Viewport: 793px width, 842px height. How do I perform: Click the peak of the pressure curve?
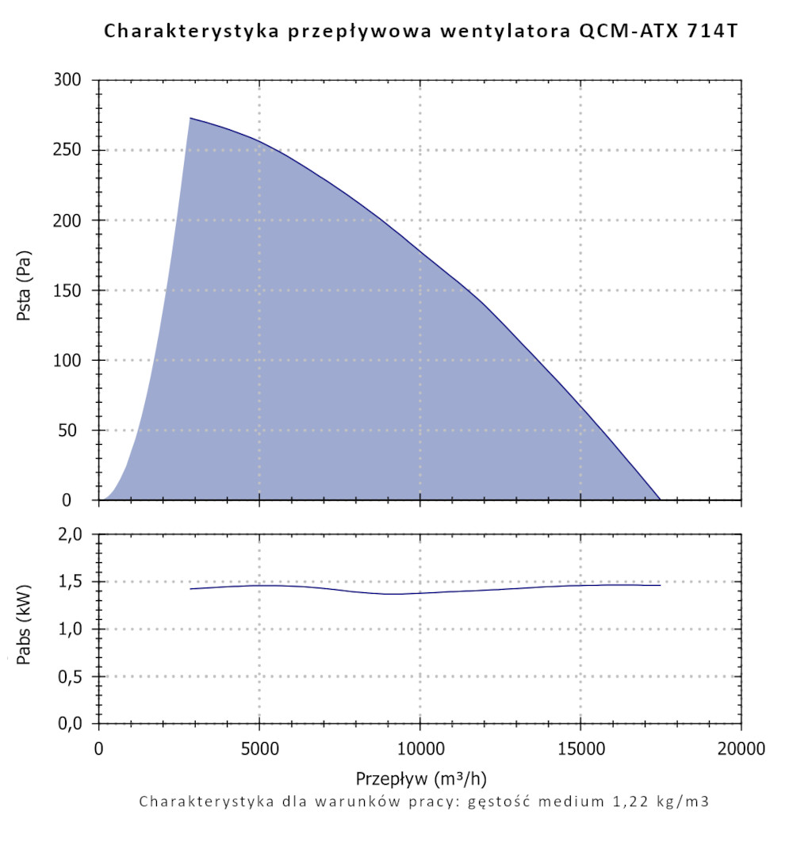point(190,118)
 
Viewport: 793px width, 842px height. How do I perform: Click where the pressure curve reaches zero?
point(660,500)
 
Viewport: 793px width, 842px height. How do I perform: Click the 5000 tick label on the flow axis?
point(259,748)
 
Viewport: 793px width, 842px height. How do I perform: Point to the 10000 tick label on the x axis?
point(419,748)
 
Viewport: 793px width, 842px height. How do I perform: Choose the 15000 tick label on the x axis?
point(580,748)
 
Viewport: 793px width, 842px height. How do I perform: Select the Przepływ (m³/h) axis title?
point(420,775)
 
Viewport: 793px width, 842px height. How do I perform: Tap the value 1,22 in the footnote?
point(623,801)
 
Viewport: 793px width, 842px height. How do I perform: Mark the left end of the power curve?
point(190,588)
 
